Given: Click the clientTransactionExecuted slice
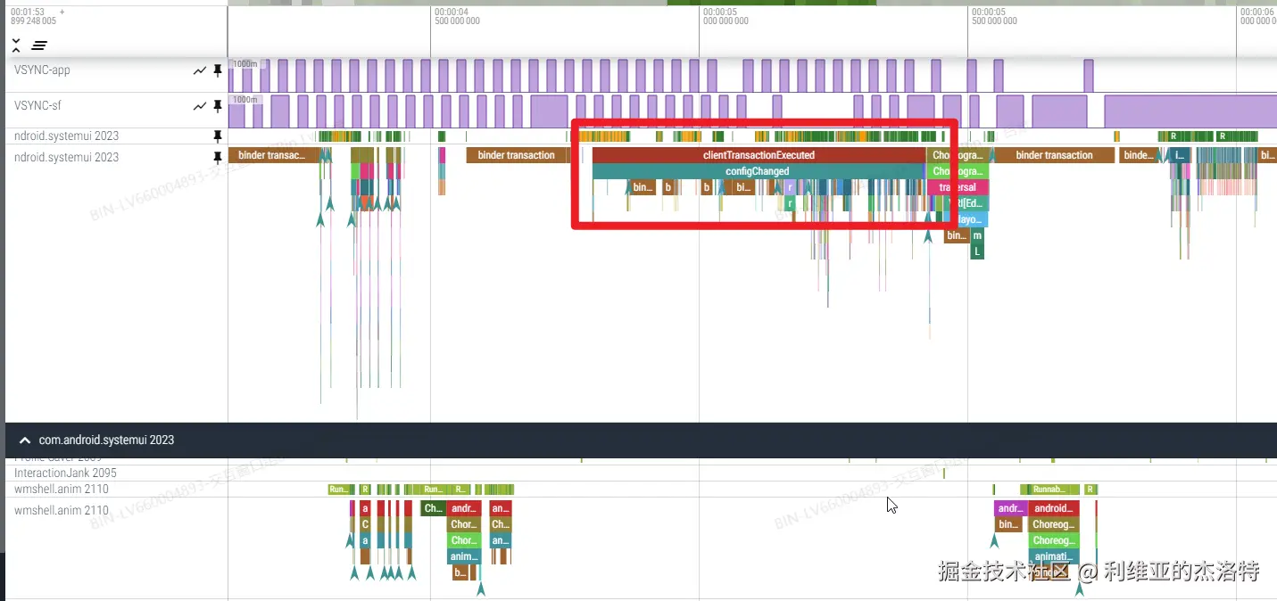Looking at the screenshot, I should point(759,155).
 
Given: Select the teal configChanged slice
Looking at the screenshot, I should point(757,171).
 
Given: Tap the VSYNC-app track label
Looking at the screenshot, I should point(42,70).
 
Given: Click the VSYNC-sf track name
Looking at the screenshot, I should point(37,105).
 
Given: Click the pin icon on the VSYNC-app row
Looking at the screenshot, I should point(217,70).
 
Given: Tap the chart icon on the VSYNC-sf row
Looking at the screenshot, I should point(200,106).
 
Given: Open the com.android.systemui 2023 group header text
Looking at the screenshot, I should point(106,440).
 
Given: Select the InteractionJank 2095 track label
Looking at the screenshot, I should point(65,473).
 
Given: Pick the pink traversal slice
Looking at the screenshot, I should point(958,187).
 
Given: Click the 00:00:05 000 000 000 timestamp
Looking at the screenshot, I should point(726,16).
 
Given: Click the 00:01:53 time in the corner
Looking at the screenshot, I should point(28,12).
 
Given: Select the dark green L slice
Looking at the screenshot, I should point(977,251).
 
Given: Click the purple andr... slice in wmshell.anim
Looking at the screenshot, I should point(1010,508).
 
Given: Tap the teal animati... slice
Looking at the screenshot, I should point(1054,556).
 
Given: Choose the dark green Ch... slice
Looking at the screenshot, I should point(433,508).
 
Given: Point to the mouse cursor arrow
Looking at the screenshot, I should point(891,505).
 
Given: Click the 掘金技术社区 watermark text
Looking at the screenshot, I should point(1003,571).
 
